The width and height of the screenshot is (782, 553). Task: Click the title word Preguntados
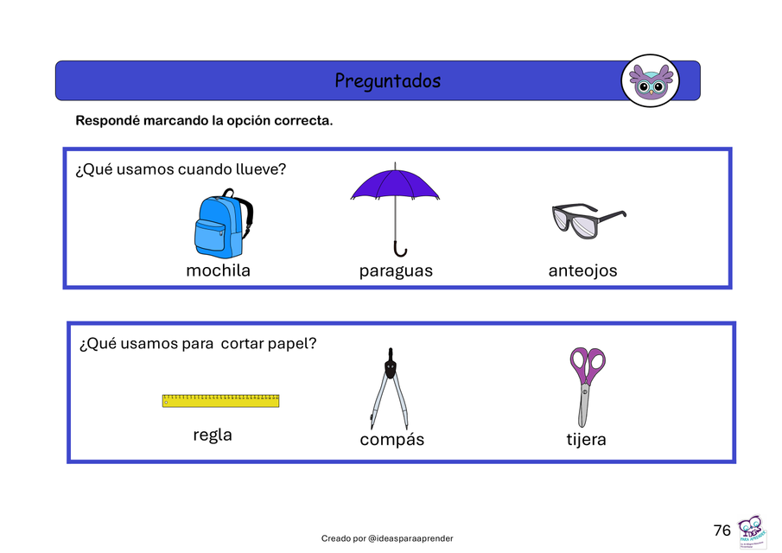point(387,81)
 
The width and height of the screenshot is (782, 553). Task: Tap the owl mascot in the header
point(650,81)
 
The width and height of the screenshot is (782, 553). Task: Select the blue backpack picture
point(219,225)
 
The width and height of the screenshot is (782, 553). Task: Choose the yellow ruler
point(220,401)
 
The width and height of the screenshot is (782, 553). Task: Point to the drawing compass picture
point(389,389)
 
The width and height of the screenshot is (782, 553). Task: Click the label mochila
point(218,270)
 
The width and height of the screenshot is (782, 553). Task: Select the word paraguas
point(396,271)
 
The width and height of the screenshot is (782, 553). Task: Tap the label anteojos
point(582,271)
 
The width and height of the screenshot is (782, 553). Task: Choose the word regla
point(213,435)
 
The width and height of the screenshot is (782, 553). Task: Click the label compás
point(392,440)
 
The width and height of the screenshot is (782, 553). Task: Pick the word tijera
point(586,440)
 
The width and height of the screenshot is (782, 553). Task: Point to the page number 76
point(722,531)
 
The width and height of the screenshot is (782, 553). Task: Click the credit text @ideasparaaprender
point(410,538)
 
